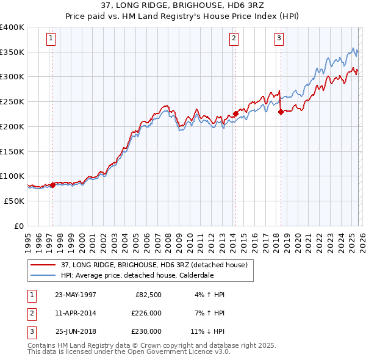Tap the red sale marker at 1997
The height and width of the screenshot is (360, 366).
[x=52, y=185]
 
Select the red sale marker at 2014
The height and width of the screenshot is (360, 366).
[x=235, y=113]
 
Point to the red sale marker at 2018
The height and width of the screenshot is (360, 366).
[x=281, y=112]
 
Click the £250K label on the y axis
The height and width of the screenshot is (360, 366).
[x=12, y=101]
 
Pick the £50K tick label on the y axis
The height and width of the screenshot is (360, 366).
[x=14, y=201]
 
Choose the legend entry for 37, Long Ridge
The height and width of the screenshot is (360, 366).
[x=153, y=265]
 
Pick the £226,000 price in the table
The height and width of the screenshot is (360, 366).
[x=146, y=313]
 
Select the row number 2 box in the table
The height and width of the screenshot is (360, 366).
[x=31, y=313]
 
